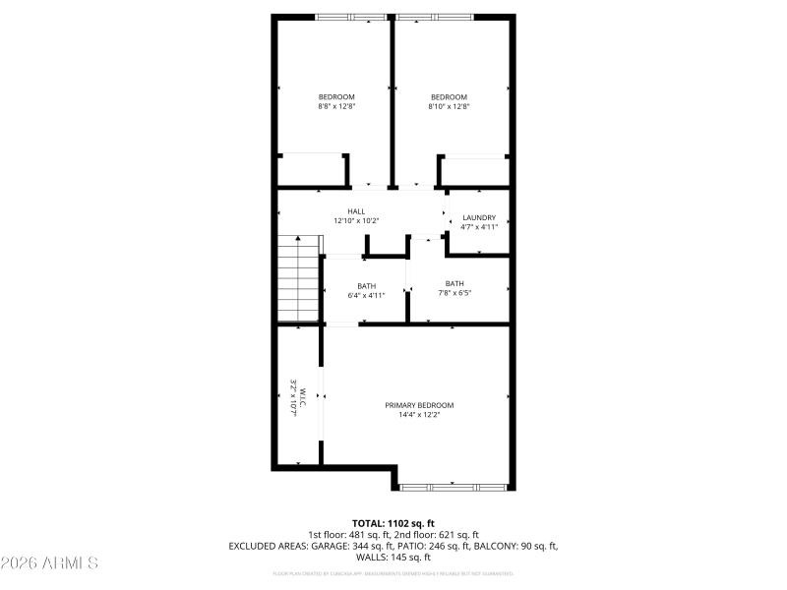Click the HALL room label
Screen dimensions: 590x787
coord(356,211)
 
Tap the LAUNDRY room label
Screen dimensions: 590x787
coord(479,217)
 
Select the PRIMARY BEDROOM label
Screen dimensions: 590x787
coord(419,405)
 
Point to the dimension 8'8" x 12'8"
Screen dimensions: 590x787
coord(335,106)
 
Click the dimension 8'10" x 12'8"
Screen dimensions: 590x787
coord(449,106)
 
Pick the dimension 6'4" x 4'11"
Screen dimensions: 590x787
coord(366,295)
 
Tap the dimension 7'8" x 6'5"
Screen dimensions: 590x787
coord(454,293)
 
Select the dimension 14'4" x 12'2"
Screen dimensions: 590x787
coord(419,415)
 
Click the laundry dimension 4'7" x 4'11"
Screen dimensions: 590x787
coord(479,227)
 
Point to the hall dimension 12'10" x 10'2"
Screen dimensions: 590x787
coord(356,221)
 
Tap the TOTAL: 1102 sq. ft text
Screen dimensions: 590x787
coord(393,523)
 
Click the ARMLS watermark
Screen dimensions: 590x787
coord(49,563)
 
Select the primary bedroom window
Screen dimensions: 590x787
coord(454,486)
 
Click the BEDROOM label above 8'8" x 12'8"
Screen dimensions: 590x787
coord(335,96)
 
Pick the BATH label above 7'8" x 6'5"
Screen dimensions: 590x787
coord(454,283)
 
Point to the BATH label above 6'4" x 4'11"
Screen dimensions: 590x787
coord(366,285)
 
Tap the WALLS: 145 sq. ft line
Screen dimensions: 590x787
coord(393,557)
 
